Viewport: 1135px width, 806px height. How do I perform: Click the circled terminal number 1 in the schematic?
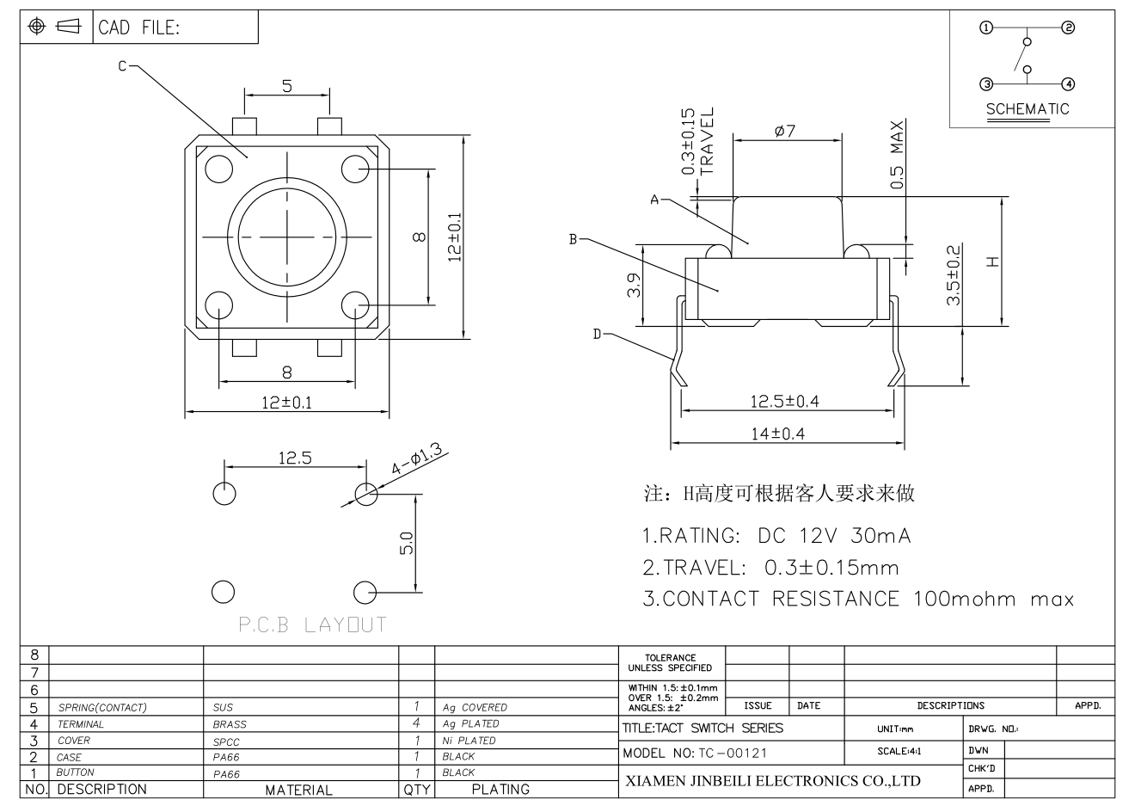point(986,28)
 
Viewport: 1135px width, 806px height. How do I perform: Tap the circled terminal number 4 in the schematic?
point(1068,84)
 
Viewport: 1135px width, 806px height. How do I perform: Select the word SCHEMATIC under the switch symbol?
point(1027,109)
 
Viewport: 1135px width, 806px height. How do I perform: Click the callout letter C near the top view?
point(122,66)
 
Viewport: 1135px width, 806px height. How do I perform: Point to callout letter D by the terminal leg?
point(597,334)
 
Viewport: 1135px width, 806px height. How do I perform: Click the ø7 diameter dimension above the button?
point(785,131)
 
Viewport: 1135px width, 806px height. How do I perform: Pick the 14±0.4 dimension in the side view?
point(778,434)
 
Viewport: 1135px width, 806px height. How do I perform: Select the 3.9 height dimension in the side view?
point(634,285)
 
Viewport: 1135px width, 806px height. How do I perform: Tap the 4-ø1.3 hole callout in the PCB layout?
point(416,458)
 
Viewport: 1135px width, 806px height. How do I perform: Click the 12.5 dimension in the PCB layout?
point(295,458)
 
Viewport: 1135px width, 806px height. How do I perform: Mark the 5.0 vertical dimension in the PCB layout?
point(407,543)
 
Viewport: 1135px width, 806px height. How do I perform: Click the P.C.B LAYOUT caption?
point(313,624)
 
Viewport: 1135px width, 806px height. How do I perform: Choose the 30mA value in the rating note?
point(880,536)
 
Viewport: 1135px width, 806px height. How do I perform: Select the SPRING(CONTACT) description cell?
point(102,707)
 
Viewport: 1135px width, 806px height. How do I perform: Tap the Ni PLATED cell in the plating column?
point(469,741)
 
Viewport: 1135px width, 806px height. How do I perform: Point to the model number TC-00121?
point(733,754)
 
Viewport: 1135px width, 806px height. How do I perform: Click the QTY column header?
point(416,790)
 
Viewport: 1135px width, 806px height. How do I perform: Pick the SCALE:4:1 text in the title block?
point(899,751)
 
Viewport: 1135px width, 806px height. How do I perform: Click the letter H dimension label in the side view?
point(992,261)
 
